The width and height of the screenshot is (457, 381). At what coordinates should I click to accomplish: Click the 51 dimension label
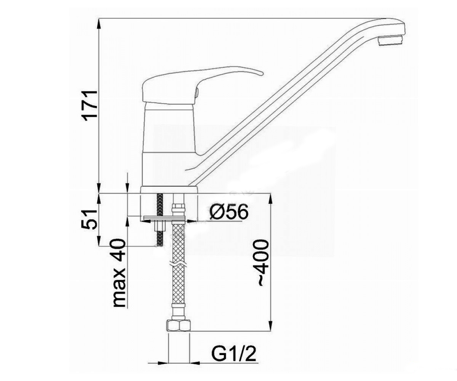(x=89, y=219)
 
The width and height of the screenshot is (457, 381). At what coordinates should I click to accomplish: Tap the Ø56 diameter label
(x=229, y=211)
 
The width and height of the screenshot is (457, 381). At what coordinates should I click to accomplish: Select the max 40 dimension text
(x=120, y=273)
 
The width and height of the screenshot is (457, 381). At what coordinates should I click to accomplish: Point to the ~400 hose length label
(x=263, y=263)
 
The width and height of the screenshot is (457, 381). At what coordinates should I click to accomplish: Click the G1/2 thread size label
(x=234, y=354)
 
